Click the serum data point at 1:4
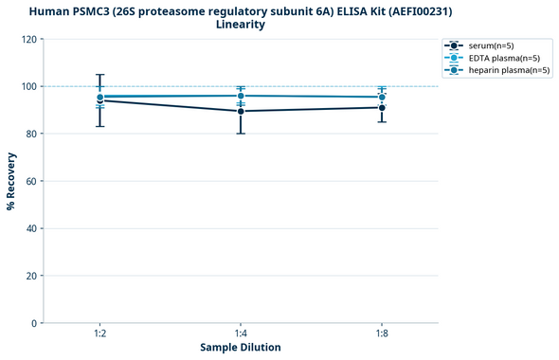241,111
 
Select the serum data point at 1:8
381,107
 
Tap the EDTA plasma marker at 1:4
241,96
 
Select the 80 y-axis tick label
31,134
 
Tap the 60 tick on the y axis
31,181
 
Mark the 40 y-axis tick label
31,228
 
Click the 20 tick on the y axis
31,276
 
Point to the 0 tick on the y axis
34,323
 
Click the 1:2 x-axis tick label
100,334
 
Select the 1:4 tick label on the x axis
241,334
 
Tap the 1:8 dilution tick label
381,334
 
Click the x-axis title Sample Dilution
241,348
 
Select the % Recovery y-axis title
11,181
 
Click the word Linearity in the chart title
241,25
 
